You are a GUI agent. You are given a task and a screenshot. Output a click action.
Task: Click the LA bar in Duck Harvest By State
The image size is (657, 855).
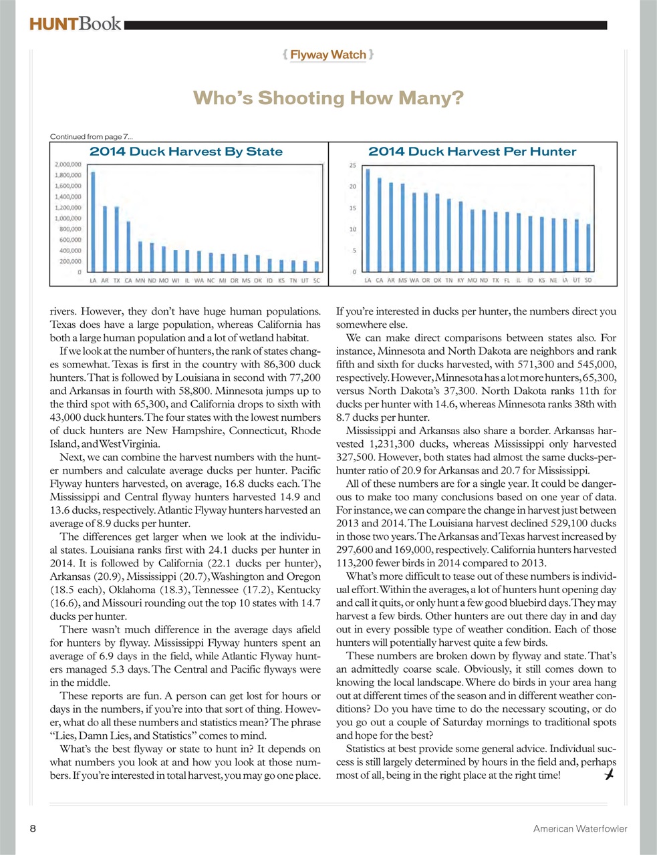click(93, 222)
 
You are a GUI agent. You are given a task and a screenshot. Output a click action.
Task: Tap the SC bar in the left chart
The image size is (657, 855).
click(316, 267)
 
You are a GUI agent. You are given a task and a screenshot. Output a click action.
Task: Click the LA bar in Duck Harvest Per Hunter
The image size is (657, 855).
click(368, 220)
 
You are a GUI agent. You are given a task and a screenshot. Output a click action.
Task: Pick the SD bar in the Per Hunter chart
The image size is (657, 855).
click(588, 248)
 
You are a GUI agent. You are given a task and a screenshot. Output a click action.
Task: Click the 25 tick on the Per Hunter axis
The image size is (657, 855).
click(353, 165)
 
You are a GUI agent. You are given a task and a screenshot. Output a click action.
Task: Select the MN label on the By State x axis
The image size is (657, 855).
click(140, 281)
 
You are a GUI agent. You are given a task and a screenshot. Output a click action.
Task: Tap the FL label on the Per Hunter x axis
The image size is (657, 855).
click(507, 281)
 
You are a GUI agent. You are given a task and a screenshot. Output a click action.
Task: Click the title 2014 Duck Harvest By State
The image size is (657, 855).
click(186, 152)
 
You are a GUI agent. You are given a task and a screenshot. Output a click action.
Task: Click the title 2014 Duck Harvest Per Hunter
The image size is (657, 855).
click(472, 152)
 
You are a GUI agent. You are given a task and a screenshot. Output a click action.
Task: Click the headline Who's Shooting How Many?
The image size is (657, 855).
click(328, 99)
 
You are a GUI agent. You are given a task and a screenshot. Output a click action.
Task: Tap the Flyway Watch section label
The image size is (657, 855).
click(328, 55)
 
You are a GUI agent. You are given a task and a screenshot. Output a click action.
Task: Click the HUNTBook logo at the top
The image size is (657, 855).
click(75, 25)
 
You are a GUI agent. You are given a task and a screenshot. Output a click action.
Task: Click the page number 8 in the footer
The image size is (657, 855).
click(33, 828)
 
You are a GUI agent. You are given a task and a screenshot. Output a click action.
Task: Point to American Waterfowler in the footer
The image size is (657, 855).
click(579, 829)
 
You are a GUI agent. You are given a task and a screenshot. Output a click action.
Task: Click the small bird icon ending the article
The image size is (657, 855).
click(609, 775)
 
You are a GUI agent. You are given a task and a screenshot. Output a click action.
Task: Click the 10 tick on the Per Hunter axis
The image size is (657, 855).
click(353, 229)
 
